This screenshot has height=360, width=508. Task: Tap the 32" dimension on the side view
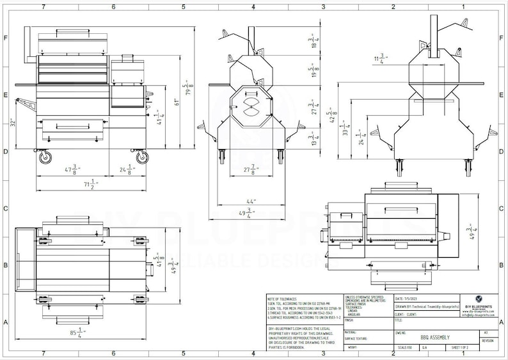13,122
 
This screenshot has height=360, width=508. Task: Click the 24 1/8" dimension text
125,169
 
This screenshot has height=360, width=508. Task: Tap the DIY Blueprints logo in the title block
479,299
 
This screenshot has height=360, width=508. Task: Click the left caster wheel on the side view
45,156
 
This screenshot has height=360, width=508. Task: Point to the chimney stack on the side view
28,45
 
